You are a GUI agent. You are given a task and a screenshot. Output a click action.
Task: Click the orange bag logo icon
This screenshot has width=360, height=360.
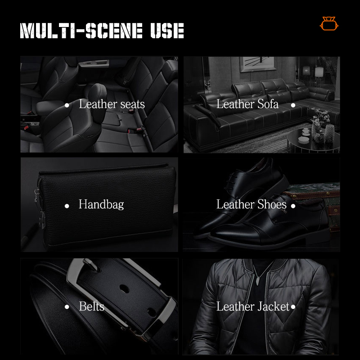(x=329, y=23)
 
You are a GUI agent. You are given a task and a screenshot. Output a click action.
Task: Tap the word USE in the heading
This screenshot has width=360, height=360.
(x=167, y=30)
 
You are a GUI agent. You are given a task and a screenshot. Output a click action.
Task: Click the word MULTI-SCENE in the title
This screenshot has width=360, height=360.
(x=81, y=30)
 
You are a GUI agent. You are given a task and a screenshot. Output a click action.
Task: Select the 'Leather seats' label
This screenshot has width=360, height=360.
(x=112, y=104)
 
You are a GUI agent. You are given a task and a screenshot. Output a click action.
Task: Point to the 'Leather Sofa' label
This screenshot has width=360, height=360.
(x=247, y=104)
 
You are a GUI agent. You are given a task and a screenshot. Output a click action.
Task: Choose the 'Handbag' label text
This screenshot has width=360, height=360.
(x=101, y=204)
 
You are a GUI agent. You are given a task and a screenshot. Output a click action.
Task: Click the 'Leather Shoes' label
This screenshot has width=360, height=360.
(x=252, y=204)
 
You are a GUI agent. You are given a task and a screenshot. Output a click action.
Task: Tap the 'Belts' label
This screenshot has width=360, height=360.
(x=92, y=306)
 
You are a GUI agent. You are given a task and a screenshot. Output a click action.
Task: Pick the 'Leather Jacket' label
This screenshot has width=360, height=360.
(x=253, y=306)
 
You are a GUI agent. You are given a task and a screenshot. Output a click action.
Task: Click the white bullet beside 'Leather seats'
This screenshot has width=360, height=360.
(x=67, y=105)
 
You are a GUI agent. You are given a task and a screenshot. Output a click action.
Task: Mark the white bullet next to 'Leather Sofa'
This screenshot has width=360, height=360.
(x=293, y=105)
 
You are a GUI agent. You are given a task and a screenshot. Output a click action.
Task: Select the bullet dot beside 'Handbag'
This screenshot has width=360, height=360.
(x=67, y=206)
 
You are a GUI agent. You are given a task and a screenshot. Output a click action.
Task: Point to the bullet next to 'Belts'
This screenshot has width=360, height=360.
(x=67, y=307)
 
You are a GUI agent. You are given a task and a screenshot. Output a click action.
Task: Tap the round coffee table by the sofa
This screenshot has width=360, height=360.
(x=312, y=140)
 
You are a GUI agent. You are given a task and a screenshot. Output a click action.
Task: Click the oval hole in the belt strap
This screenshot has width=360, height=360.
(x=124, y=288)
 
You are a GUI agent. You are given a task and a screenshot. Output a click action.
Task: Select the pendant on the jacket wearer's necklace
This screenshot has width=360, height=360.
(x=258, y=281)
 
